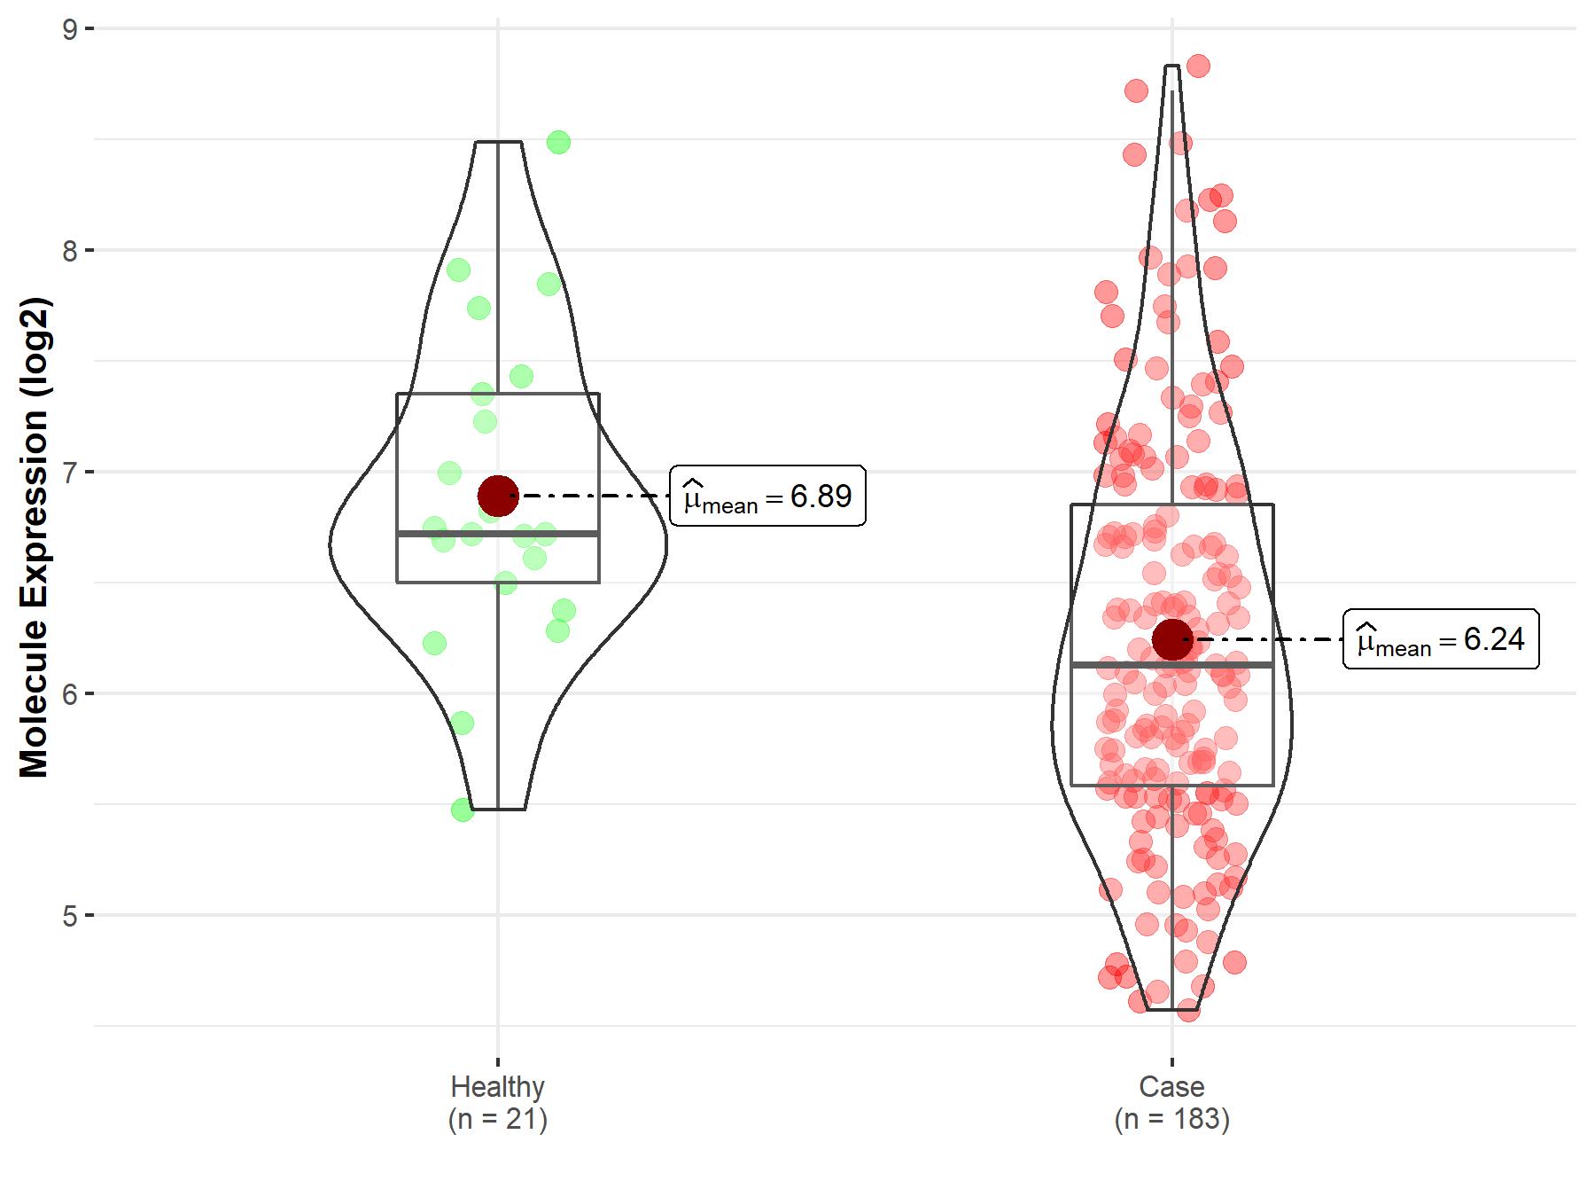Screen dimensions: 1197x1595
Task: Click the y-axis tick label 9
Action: click(70, 29)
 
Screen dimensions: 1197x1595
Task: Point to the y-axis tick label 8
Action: click(70, 251)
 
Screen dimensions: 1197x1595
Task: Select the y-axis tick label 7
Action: click(70, 473)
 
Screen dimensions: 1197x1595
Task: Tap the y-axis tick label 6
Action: click(70, 694)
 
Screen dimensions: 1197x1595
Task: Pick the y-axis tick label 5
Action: click(70, 916)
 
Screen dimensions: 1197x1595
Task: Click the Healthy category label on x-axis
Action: click(497, 1086)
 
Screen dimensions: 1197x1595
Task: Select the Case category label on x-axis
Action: click(1171, 1086)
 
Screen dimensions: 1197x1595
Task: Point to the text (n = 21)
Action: click(497, 1119)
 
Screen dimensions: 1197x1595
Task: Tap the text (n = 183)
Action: click(1171, 1119)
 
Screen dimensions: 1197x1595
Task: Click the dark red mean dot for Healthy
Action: click(498, 496)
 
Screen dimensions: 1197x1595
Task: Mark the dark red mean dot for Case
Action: click(1172, 639)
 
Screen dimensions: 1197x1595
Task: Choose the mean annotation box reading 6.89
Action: click(767, 496)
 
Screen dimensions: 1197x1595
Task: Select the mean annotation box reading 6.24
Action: click(1441, 639)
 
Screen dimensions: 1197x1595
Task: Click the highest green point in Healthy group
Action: click(558, 142)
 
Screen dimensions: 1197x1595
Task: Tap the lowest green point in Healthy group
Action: click(463, 810)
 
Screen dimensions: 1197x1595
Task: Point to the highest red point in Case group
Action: click(1198, 66)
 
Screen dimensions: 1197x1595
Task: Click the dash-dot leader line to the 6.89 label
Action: click(594, 496)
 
